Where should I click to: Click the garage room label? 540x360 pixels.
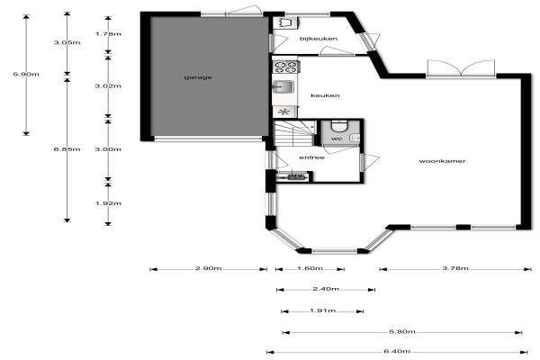[x=198, y=77]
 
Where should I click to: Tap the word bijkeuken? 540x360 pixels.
[x=319, y=39]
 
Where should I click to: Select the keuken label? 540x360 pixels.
[x=325, y=95]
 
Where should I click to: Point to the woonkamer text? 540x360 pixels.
[x=442, y=161]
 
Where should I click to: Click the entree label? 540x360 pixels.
[x=311, y=157]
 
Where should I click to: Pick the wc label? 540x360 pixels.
[x=337, y=139]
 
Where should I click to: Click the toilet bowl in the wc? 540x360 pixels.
[x=339, y=126]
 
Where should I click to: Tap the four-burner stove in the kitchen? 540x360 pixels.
[x=286, y=67]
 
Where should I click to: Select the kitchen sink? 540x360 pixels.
[x=283, y=86]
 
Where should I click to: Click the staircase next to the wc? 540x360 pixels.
[x=295, y=132]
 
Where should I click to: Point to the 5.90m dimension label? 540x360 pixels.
[x=26, y=74]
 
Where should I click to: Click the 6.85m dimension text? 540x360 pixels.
[x=67, y=149]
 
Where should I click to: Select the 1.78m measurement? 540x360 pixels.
[x=108, y=34]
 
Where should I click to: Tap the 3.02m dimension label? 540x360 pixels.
[x=108, y=85]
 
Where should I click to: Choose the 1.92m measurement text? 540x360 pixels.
[x=108, y=203]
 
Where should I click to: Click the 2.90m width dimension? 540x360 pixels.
[x=209, y=268]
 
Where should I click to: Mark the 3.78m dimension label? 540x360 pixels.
[x=455, y=268]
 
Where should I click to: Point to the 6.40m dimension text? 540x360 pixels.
[x=397, y=351]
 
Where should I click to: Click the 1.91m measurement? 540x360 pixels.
[x=323, y=310]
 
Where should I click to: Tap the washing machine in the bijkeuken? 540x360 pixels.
[x=285, y=22]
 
